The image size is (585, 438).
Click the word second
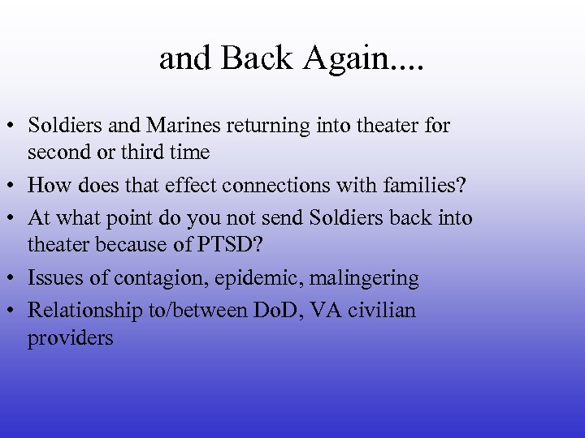[58, 152]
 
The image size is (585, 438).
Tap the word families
[425, 186]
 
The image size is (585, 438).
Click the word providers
[71, 337]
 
